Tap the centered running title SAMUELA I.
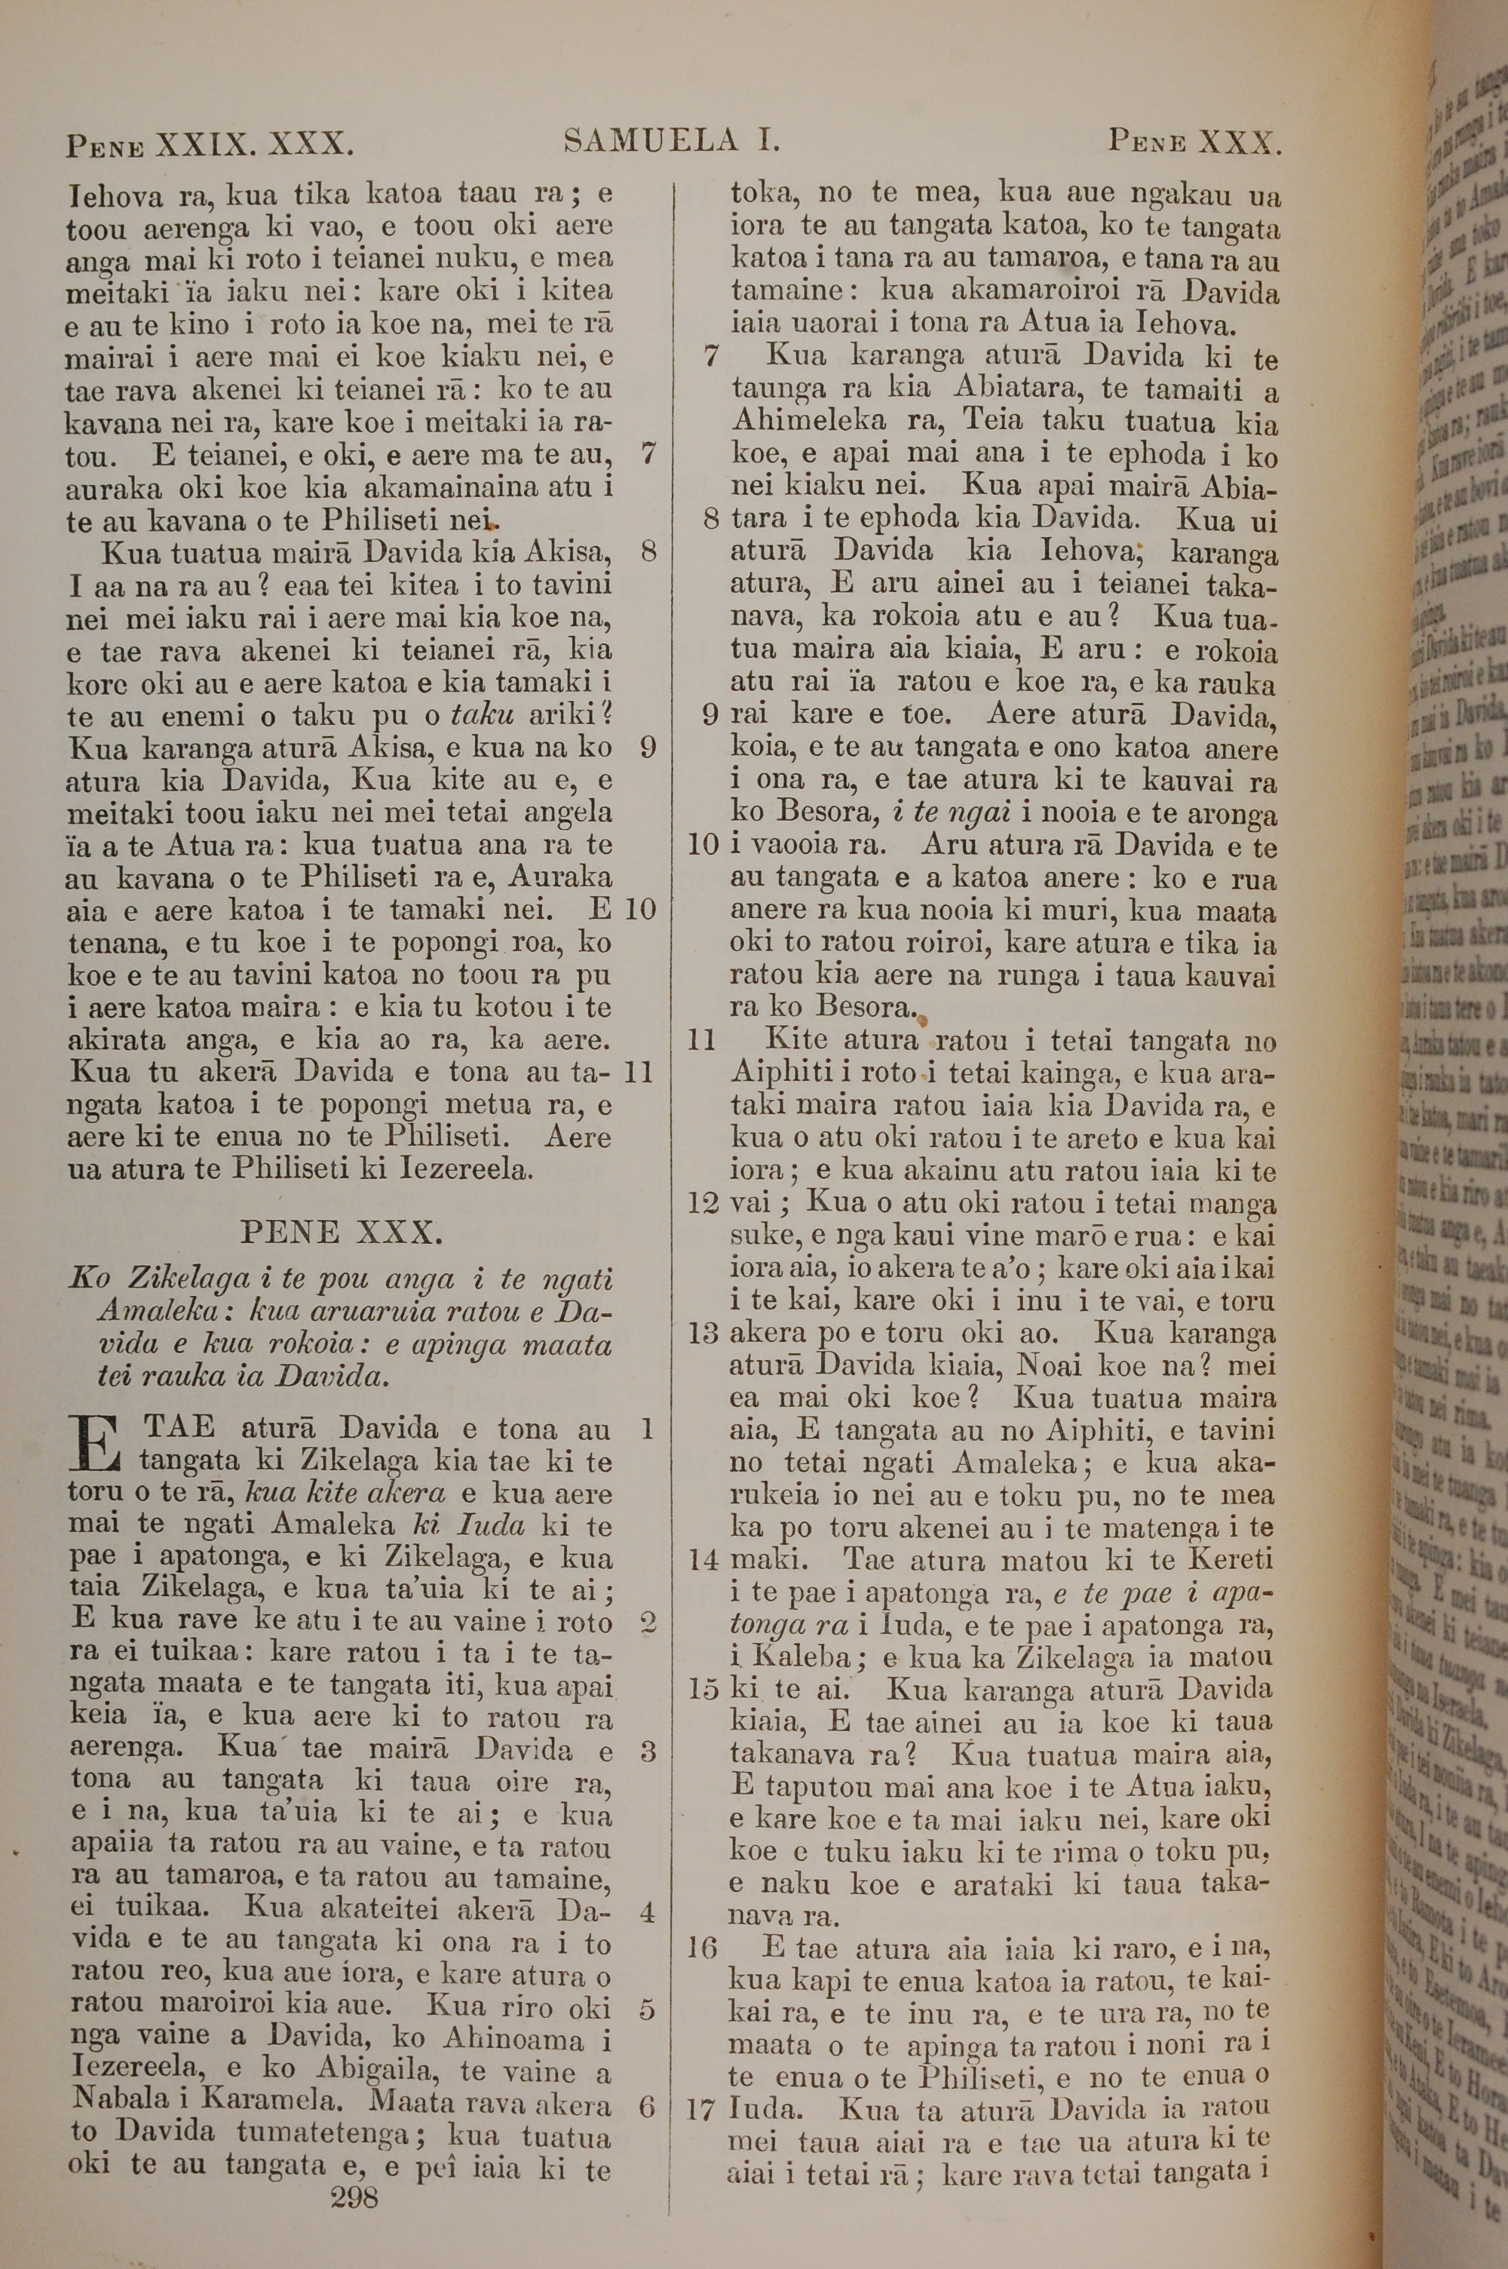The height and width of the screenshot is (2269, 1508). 671,143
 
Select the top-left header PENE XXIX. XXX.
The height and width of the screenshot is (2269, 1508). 210,146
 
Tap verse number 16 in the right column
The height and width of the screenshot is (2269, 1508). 702,1948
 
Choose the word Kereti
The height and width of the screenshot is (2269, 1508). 1231,1558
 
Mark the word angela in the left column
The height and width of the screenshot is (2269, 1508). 569,812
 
